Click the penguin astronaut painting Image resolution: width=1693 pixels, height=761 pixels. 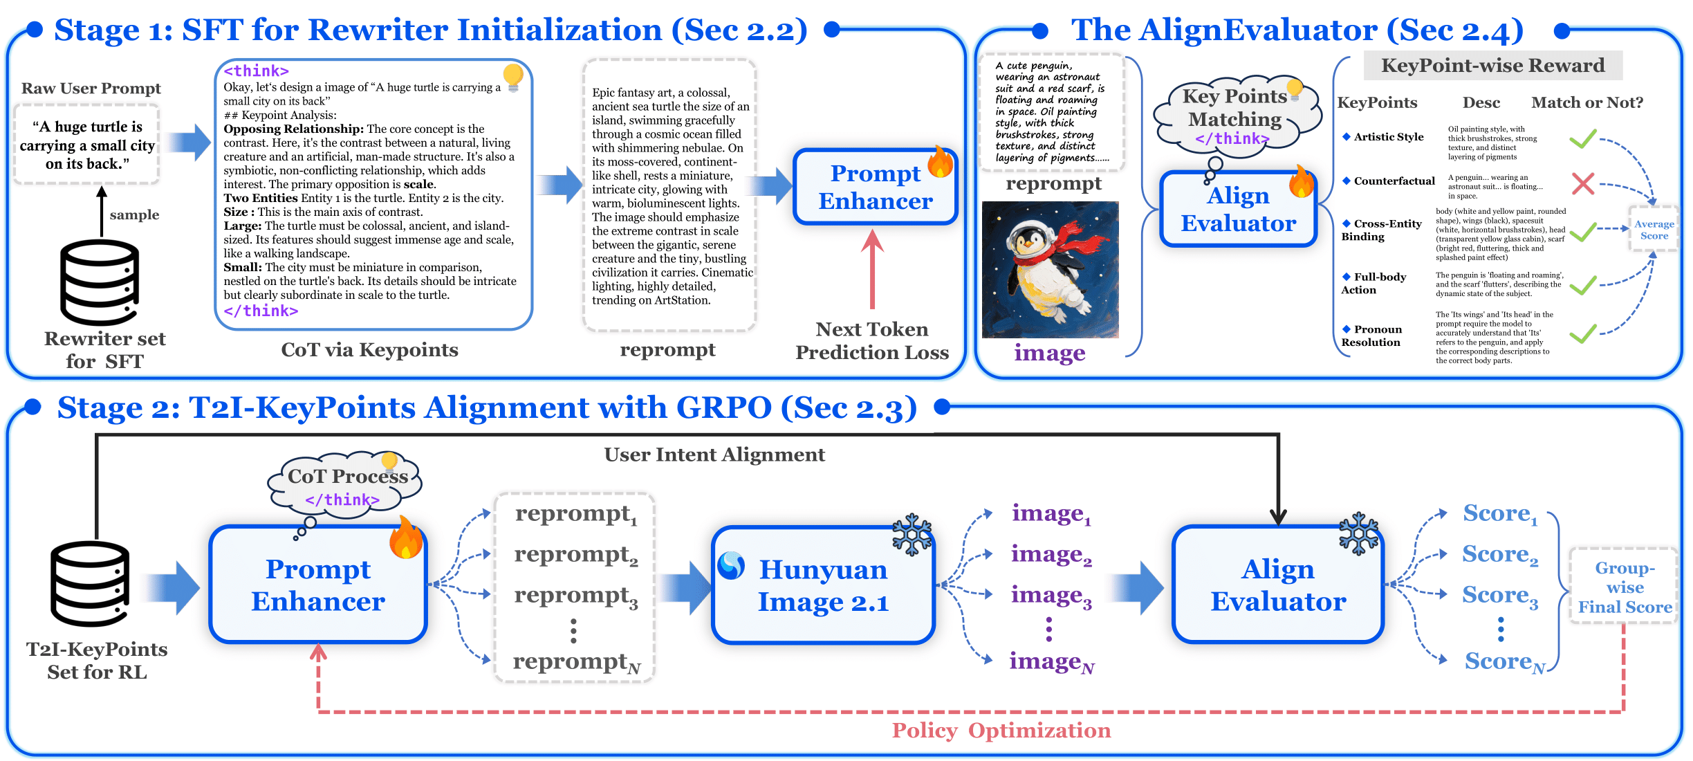(x=1050, y=269)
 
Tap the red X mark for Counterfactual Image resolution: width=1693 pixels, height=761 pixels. (x=1582, y=183)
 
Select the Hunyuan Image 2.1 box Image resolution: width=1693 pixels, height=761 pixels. (x=823, y=585)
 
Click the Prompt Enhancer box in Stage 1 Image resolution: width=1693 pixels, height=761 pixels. (x=875, y=187)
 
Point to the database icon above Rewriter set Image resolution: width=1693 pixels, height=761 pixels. (x=100, y=282)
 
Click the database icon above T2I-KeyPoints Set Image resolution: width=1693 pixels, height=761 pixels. (x=90, y=585)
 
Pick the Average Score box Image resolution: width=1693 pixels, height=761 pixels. (x=1654, y=230)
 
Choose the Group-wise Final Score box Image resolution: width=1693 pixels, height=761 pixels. (x=1625, y=587)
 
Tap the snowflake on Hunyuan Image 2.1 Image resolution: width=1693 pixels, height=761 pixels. (x=912, y=534)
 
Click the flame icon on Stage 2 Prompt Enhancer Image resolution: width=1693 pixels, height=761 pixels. (x=406, y=538)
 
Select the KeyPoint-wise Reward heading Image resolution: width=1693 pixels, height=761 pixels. (x=1492, y=66)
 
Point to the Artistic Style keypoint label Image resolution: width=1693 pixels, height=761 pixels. (x=1388, y=137)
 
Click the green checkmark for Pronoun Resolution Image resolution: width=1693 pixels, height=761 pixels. (x=1582, y=334)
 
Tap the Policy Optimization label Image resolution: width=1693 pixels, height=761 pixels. (x=1001, y=731)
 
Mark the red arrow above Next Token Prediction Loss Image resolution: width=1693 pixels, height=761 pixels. (x=873, y=270)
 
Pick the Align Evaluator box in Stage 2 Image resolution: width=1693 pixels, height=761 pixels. (x=1278, y=585)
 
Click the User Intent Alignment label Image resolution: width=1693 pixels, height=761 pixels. (x=714, y=455)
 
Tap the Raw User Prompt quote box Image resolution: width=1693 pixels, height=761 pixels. (x=87, y=145)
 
